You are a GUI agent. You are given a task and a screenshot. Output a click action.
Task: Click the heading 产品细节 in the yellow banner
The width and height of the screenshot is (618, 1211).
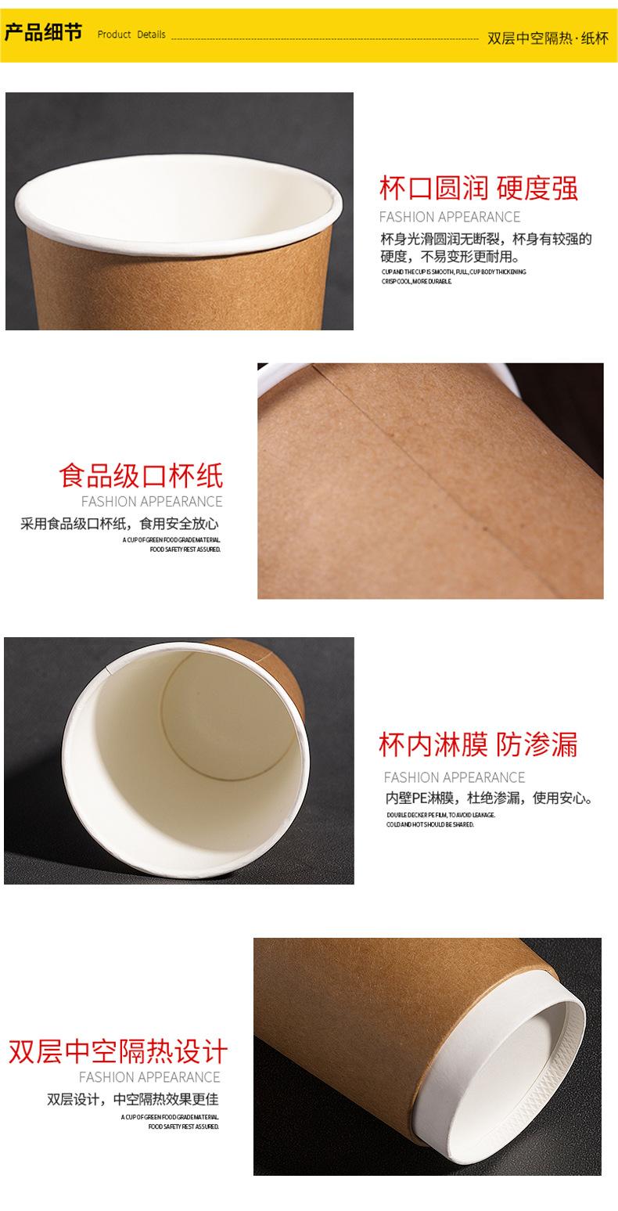tap(43, 34)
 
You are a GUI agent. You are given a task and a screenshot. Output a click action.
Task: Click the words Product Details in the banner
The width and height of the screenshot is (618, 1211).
tap(131, 34)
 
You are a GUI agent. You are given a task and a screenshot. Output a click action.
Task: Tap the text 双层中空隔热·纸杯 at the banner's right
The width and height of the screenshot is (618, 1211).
tap(547, 38)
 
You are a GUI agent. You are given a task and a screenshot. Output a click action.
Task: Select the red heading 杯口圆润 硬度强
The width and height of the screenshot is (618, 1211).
tap(479, 189)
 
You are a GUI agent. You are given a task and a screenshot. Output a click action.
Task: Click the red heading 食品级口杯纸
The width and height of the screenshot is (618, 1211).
tap(141, 475)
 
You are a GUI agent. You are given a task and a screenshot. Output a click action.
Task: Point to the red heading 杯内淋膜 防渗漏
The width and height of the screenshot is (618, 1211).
tap(478, 745)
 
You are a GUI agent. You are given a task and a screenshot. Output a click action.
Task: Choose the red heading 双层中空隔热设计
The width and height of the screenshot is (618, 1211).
tap(117, 1051)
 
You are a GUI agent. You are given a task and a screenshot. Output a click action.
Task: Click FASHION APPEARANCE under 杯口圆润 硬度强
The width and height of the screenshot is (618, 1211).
tap(449, 217)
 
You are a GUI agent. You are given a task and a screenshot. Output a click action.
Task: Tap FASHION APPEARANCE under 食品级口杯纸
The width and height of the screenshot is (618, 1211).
tap(152, 502)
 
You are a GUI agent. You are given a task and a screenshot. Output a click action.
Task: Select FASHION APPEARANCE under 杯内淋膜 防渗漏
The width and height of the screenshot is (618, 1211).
tap(454, 777)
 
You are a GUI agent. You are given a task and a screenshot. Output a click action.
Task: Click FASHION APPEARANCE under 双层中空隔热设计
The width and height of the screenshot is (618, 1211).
tap(149, 1077)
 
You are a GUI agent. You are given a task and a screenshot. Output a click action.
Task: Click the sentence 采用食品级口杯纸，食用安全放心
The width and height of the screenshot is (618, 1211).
tap(120, 524)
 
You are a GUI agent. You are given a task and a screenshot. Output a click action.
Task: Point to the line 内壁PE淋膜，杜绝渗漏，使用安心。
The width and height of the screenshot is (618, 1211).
tap(489, 798)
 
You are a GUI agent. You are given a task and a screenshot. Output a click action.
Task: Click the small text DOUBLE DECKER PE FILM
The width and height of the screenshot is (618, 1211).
tap(440, 815)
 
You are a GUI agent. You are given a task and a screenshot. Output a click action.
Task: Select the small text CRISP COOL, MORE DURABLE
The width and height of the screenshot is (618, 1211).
tap(416, 281)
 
